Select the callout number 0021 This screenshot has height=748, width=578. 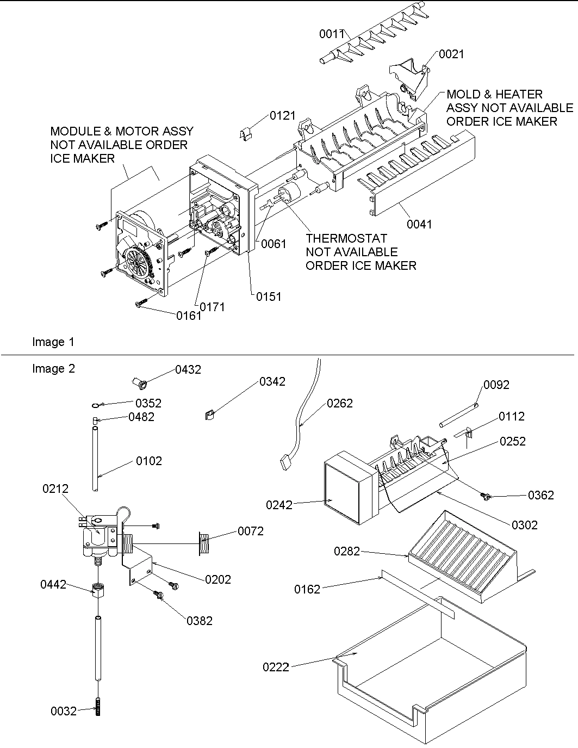[451, 54]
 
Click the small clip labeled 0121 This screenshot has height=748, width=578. [246, 133]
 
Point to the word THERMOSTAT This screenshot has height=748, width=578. [346, 238]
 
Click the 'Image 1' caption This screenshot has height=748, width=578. [53, 342]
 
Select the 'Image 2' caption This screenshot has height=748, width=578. [53, 368]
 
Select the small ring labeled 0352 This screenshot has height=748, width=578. [95, 405]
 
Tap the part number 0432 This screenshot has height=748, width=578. [188, 369]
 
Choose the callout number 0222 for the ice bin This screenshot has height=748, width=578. [276, 667]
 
